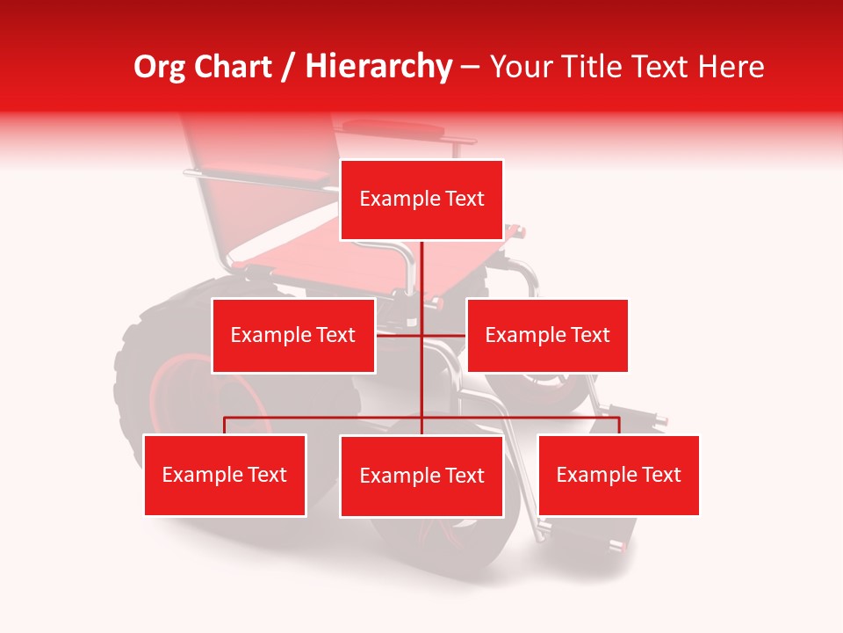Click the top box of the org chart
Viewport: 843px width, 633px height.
coord(421,200)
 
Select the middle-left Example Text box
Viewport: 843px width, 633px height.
coord(293,335)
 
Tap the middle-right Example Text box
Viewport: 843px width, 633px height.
coord(547,335)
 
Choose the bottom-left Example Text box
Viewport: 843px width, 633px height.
coord(225,475)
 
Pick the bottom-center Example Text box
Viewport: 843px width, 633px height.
coord(421,476)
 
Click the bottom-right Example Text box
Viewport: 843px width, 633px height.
coord(618,475)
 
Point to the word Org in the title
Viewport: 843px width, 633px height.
coord(159,67)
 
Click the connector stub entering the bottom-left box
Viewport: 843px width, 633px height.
coord(225,426)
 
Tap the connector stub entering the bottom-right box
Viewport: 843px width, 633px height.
coord(619,426)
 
